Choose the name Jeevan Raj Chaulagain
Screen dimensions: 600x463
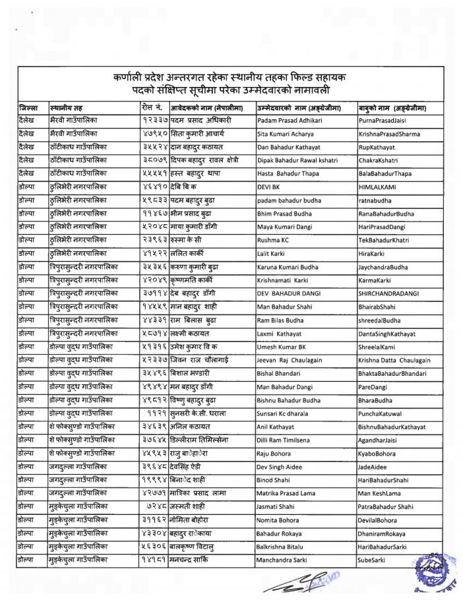click(293, 361)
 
